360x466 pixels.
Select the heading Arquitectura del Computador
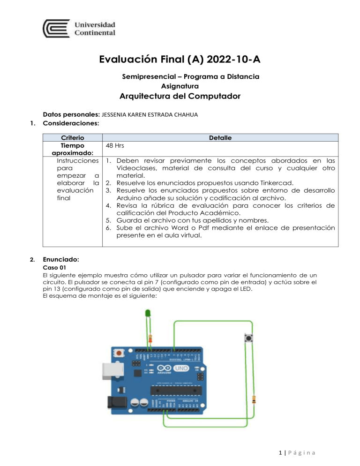(180, 97)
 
